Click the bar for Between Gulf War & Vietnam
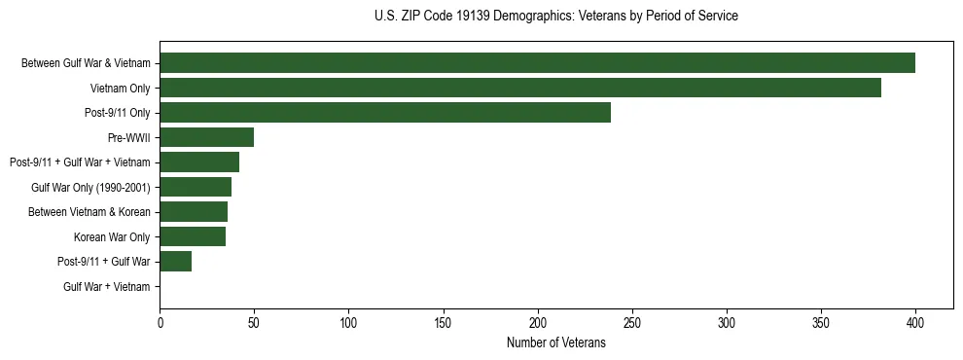pos(537,63)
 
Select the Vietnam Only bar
pos(520,88)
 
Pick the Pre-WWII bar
pos(206,137)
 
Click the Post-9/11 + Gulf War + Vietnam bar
pos(199,162)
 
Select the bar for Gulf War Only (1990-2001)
pos(196,187)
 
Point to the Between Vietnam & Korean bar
pos(194,212)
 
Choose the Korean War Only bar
pos(193,236)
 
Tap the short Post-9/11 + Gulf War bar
pos(175,262)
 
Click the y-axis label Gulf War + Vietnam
pos(107,287)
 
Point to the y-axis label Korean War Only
pos(112,236)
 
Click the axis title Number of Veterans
pos(555,342)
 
